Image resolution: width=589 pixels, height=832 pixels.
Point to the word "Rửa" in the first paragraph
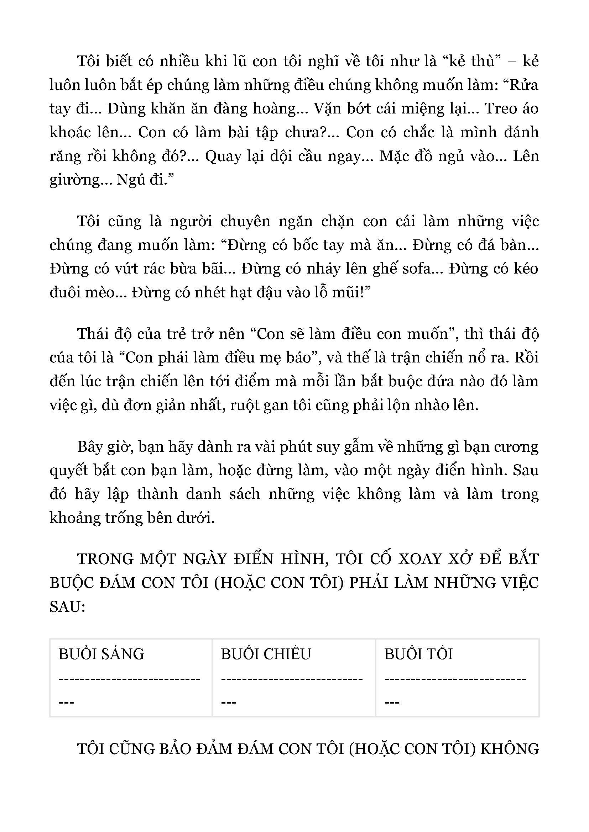(x=524, y=85)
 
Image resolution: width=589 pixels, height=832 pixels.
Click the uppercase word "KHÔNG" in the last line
(x=509, y=749)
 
